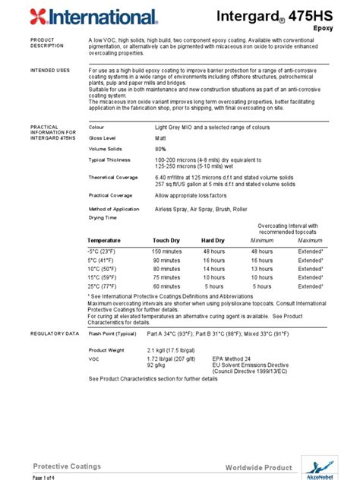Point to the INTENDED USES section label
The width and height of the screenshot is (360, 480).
point(50,70)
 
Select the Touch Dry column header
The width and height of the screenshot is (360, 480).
point(166,240)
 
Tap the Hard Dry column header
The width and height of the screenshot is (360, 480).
point(213,240)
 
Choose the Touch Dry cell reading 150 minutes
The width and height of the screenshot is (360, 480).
point(166,251)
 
